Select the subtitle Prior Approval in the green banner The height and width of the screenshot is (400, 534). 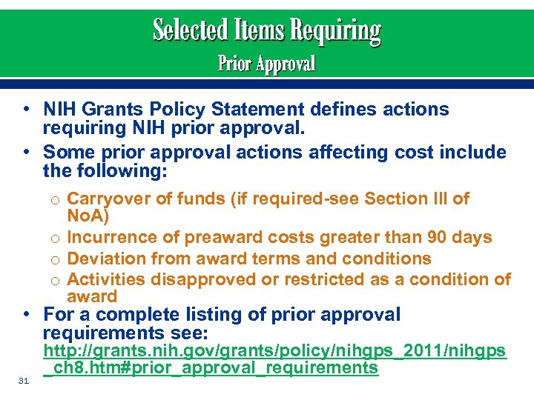coord(266,64)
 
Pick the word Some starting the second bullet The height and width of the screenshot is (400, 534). coord(68,153)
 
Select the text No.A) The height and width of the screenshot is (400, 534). coord(88,216)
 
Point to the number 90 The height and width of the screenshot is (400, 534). coord(435,238)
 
